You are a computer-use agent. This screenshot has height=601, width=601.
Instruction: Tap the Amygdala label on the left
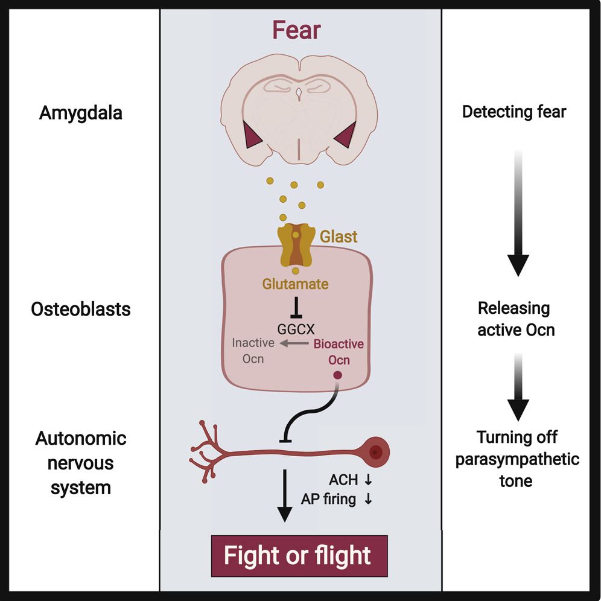point(81,113)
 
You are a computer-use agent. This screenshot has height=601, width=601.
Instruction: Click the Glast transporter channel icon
point(295,244)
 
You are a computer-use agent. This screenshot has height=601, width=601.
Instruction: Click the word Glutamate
point(295,284)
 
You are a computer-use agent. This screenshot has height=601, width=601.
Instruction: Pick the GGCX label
point(296,329)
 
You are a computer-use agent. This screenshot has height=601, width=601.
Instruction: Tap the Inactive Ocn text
point(253,351)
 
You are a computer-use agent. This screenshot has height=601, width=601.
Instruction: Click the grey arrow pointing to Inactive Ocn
point(292,343)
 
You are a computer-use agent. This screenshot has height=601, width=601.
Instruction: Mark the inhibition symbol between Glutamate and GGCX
point(296,308)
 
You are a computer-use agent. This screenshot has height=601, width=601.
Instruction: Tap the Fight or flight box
point(297,555)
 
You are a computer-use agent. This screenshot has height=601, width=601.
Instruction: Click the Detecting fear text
point(514,112)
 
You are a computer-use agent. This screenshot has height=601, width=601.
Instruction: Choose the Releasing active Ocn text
point(514,319)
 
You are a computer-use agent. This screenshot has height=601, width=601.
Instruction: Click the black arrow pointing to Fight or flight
point(284,495)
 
